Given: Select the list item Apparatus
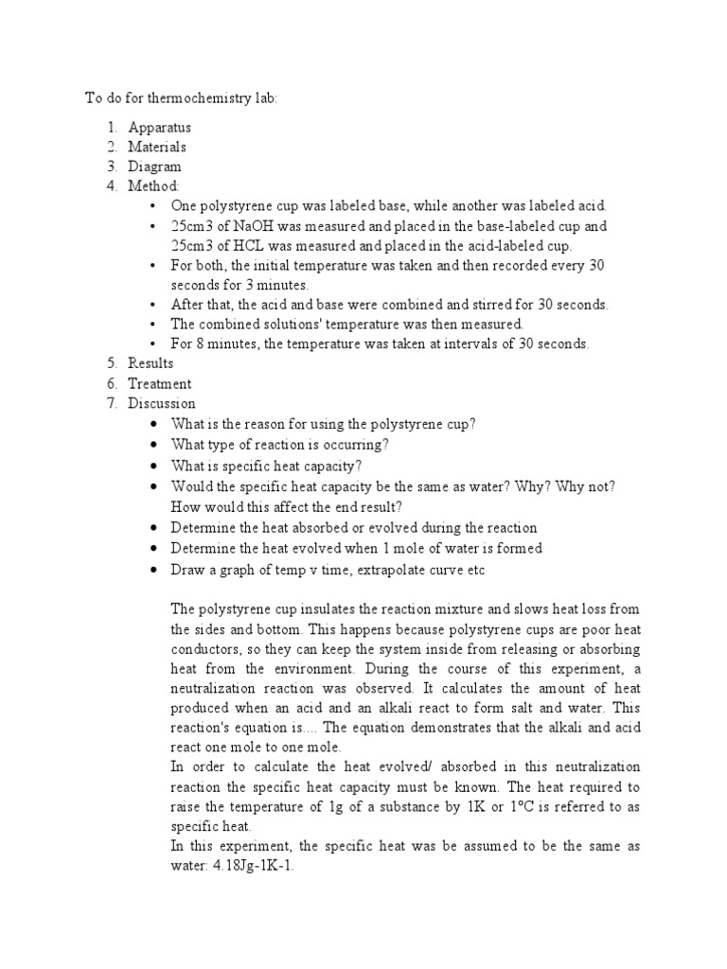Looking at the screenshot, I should pos(159,127).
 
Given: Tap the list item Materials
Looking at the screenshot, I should pos(157,147).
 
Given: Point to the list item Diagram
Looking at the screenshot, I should pos(156,167).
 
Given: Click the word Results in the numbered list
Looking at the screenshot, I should pos(151,363).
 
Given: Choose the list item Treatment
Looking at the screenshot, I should pos(159,383).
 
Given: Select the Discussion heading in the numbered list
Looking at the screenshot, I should pos(162,403).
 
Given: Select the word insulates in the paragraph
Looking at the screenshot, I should pos(309,608).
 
